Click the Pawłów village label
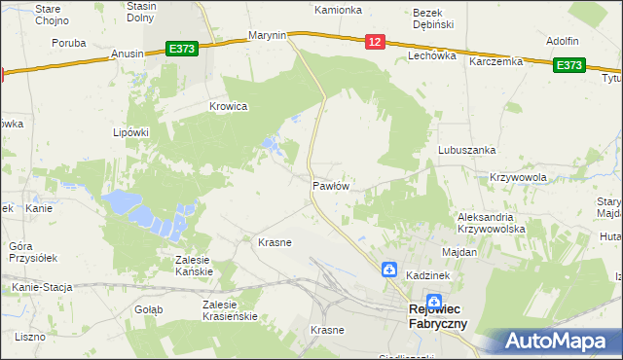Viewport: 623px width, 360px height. point(331,185)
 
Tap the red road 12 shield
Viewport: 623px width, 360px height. point(377,41)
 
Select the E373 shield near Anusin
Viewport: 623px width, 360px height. point(182,48)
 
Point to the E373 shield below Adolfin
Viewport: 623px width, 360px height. point(568,65)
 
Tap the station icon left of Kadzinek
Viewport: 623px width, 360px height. point(388,270)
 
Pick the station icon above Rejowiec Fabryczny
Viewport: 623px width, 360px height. point(434,303)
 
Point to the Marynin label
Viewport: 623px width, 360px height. point(267,35)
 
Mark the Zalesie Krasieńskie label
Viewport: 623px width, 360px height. point(229,310)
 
